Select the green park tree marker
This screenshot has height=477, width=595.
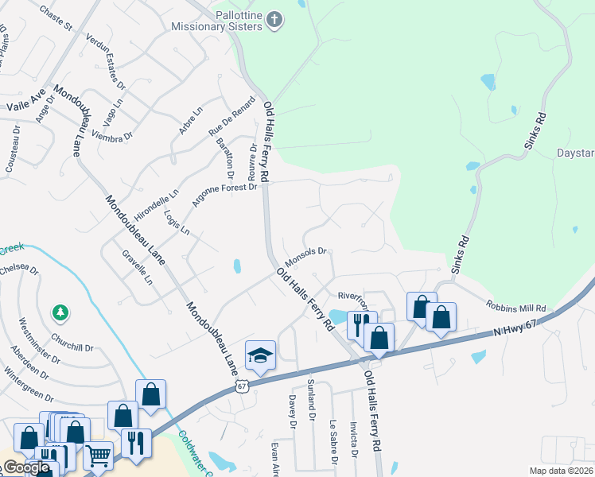pos(60,313)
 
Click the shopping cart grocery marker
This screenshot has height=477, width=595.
pos(99,456)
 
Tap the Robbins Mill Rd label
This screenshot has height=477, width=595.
pos(517,307)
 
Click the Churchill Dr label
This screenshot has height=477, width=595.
pos(72,347)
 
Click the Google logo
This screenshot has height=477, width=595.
pos(26,467)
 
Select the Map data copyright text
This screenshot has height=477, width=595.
pos(561,471)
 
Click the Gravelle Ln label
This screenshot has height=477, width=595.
pos(136,268)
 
